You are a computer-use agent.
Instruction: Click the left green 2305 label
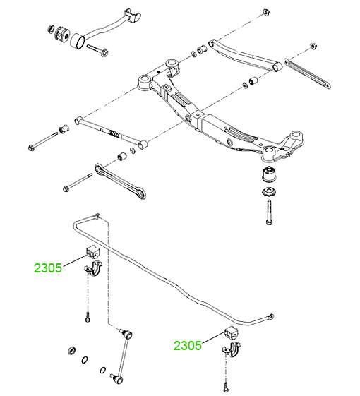click(48, 268)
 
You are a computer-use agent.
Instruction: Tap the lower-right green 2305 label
click(188, 345)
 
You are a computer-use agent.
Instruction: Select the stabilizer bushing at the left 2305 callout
click(93, 251)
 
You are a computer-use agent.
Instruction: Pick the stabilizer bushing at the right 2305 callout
click(231, 333)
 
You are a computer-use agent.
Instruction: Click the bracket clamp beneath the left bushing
click(93, 269)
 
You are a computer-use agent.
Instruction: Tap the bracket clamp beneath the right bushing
click(232, 349)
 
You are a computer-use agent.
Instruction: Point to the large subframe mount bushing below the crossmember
click(269, 174)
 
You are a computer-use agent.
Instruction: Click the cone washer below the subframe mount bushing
click(269, 191)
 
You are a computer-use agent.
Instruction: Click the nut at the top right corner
click(266, 12)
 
